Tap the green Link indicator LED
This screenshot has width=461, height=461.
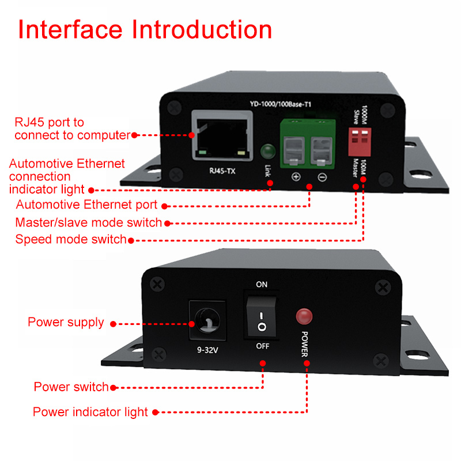tap(267, 152)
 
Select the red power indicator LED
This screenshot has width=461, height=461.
tap(303, 316)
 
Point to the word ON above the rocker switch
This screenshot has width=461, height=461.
tap(262, 285)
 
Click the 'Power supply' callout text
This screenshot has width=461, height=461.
tap(66, 322)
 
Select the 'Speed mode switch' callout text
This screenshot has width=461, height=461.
tap(70, 239)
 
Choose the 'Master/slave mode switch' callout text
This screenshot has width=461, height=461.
tap(89, 222)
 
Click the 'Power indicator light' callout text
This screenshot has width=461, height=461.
tap(90, 412)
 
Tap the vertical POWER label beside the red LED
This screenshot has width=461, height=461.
tap(305, 343)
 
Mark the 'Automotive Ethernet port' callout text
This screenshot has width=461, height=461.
tap(86, 205)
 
